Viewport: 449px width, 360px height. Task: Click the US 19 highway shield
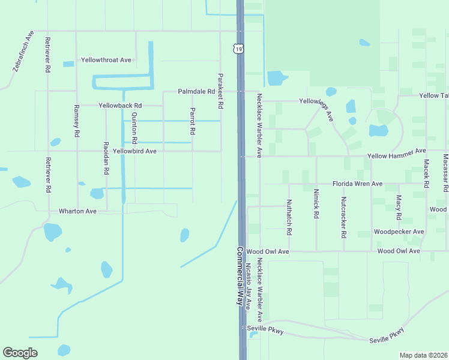pyautogui.click(x=238, y=49)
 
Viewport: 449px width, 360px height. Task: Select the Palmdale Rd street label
pyautogui.click(x=196, y=91)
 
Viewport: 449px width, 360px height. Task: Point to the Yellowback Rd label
pyautogui.click(x=120, y=105)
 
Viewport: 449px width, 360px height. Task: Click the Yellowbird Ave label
pyautogui.click(x=134, y=151)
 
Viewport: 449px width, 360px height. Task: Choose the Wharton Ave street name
pyautogui.click(x=77, y=211)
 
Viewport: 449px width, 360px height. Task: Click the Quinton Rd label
pyautogui.click(x=134, y=128)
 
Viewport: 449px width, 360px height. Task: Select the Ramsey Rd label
pyautogui.click(x=76, y=122)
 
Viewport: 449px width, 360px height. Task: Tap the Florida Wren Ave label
pyautogui.click(x=358, y=184)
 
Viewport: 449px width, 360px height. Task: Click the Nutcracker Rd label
pyautogui.click(x=343, y=215)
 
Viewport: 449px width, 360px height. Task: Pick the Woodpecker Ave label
pyautogui.click(x=399, y=232)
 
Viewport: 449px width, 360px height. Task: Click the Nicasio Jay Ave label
pyautogui.click(x=248, y=292)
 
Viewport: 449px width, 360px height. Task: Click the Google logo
pyautogui.click(x=20, y=352)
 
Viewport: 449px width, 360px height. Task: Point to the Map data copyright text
pyautogui.click(x=423, y=355)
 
